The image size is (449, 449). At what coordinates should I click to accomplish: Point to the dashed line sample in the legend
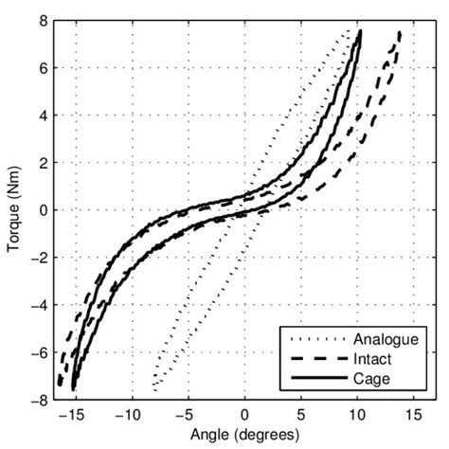(313, 360)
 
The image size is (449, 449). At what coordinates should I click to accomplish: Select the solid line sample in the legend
(313, 380)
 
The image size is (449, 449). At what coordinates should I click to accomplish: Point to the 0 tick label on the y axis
(42, 210)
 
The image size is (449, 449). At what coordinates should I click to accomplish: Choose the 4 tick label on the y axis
(42, 116)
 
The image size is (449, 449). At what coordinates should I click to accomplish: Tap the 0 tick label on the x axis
(244, 414)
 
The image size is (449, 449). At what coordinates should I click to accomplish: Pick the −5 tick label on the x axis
(186, 414)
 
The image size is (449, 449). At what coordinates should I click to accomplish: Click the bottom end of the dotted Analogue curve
(153, 389)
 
